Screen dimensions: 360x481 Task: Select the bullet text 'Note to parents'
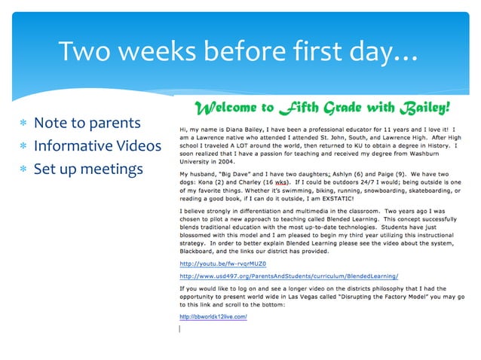pos(87,123)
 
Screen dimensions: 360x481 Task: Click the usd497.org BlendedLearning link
pos(289,276)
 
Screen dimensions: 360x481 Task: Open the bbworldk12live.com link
pos(213,316)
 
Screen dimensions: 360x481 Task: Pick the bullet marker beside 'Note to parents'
pos(23,124)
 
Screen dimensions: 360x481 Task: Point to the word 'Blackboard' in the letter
pos(198,252)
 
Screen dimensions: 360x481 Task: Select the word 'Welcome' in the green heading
pos(228,107)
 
